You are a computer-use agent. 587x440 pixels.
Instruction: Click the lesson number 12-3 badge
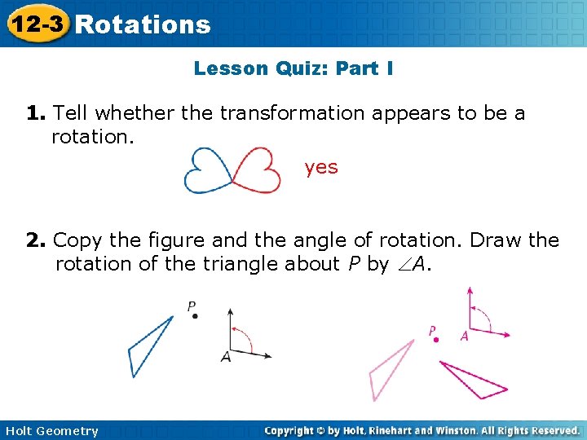pyautogui.click(x=35, y=24)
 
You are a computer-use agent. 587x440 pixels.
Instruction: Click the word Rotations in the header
pyautogui.click(x=143, y=24)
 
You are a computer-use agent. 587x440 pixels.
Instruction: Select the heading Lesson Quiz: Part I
pyautogui.click(x=293, y=68)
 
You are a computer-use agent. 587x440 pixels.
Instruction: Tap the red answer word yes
pyautogui.click(x=321, y=167)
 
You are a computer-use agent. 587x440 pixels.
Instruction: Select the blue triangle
pyautogui.click(x=148, y=346)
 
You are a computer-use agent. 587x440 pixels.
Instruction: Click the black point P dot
pyautogui.click(x=195, y=316)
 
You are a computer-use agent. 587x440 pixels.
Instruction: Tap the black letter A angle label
pyautogui.click(x=226, y=357)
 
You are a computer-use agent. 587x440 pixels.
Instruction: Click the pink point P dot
pyautogui.click(x=436, y=340)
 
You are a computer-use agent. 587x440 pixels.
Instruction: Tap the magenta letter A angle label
pyautogui.click(x=464, y=336)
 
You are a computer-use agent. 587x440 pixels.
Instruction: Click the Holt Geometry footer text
pyautogui.click(x=51, y=431)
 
